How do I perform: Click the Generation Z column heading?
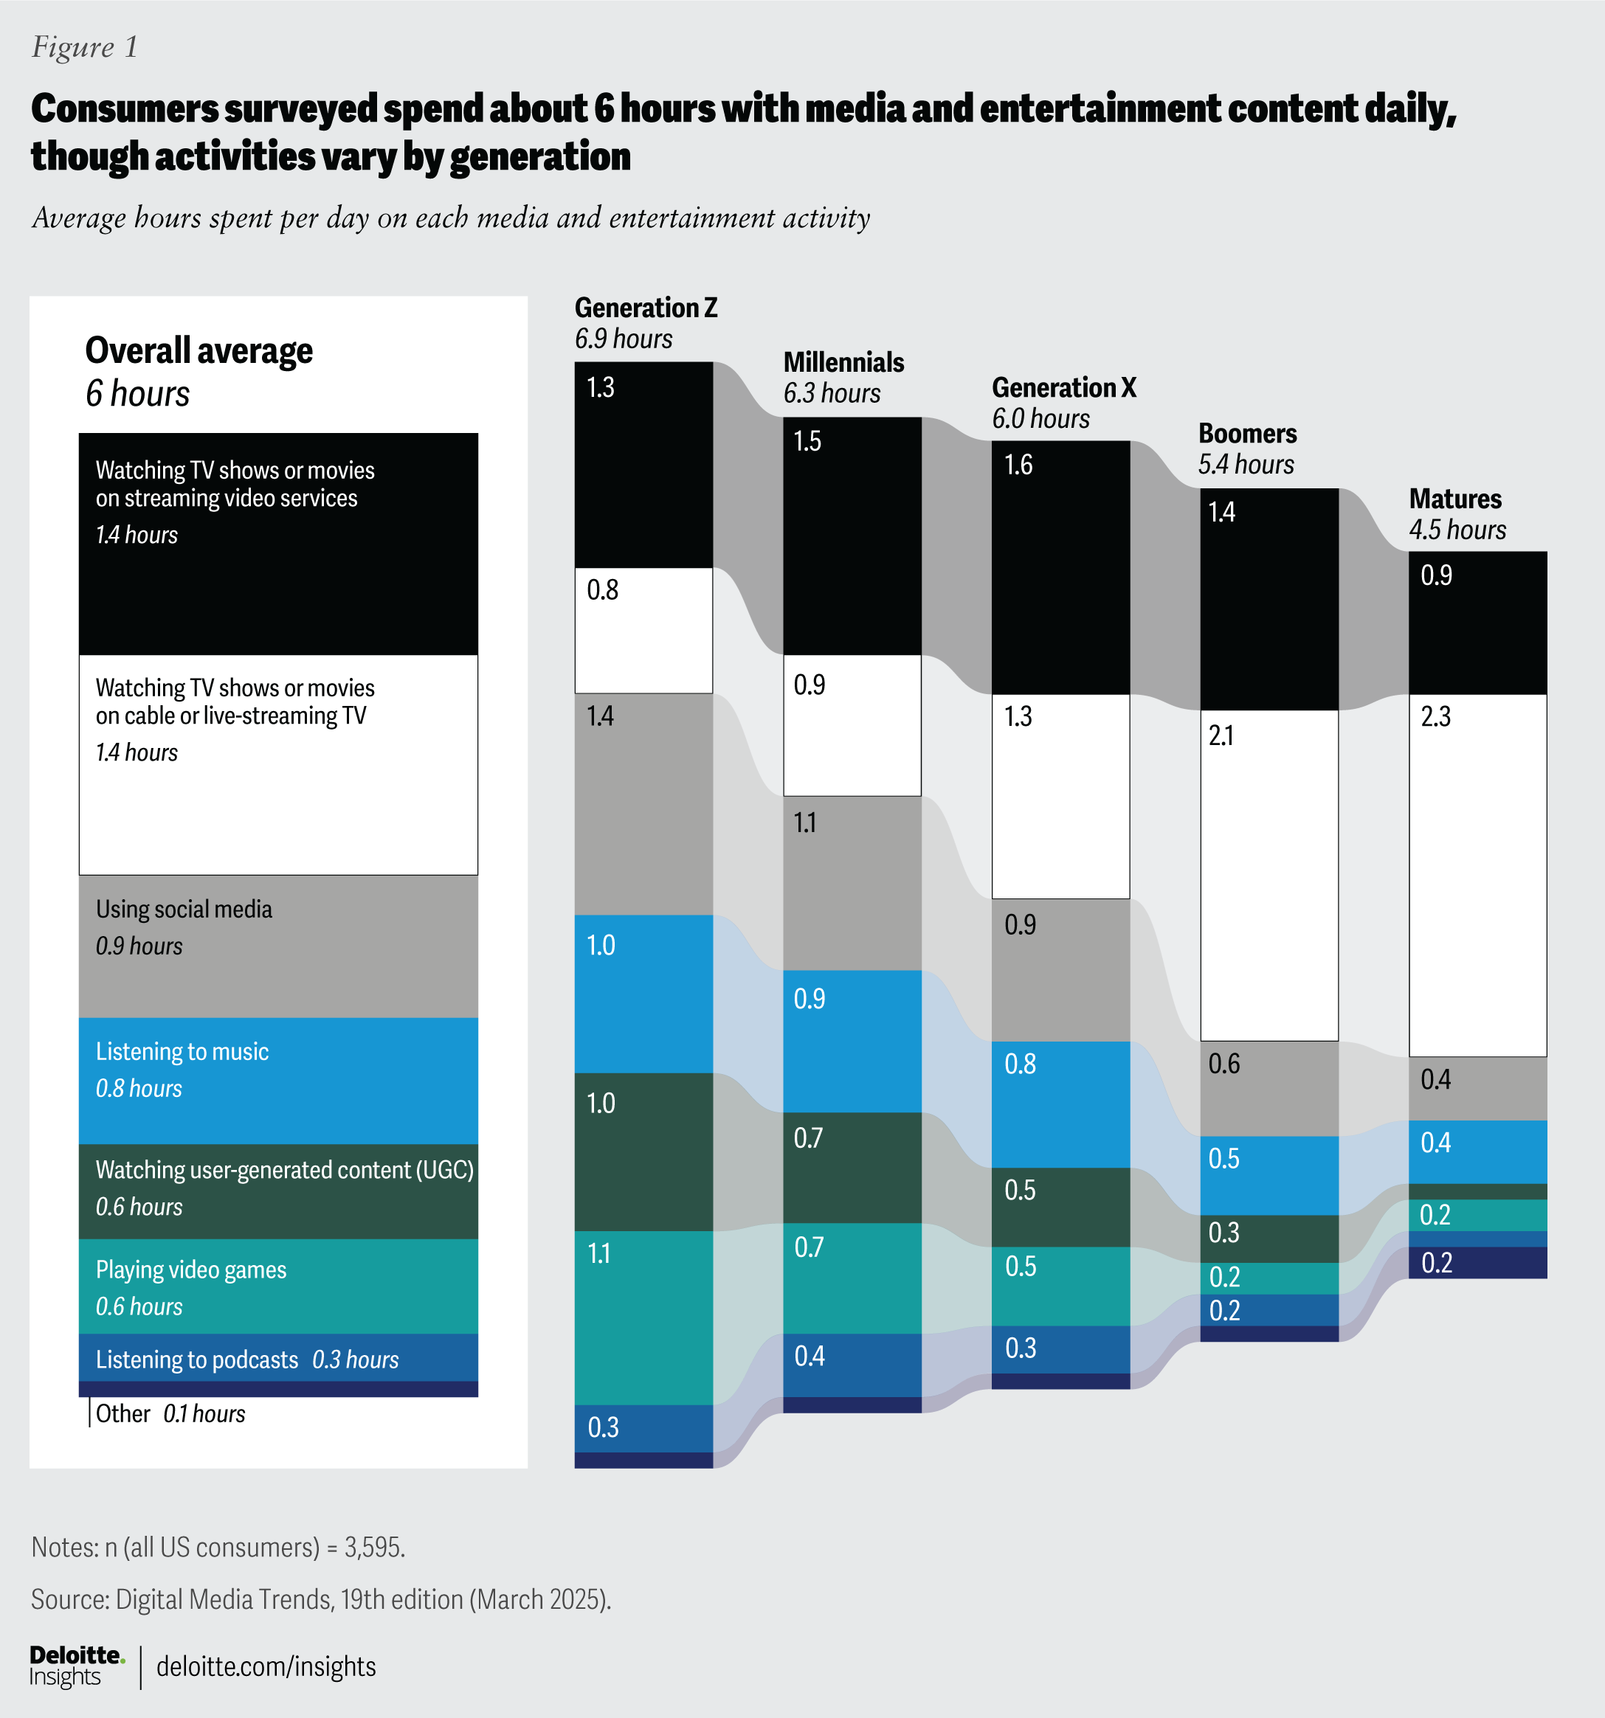[x=646, y=308]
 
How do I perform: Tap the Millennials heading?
[x=843, y=362]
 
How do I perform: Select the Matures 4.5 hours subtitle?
[x=1457, y=530]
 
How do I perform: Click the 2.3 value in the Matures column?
[x=1435, y=716]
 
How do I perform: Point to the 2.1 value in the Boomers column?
[x=1221, y=735]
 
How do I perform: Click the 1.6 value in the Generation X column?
[x=1018, y=465]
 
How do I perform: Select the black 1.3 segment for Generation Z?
[x=643, y=465]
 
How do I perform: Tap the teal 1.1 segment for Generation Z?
[x=643, y=1317]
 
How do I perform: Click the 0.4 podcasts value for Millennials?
[x=810, y=1356]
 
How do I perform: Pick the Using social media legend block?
[x=277, y=946]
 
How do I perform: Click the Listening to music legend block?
[x=277, y=1080]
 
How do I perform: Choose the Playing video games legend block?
[x=277, y=1286]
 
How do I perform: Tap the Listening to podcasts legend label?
[x=197, y=1359]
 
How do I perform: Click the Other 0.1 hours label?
[x=170, y=1414]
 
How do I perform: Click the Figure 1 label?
[x=85, y=46]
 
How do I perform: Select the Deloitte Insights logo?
[x=76, y=1666]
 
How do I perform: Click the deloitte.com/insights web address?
[x=266, y=1666]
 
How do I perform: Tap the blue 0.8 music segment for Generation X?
[x=1060, y=1104]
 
